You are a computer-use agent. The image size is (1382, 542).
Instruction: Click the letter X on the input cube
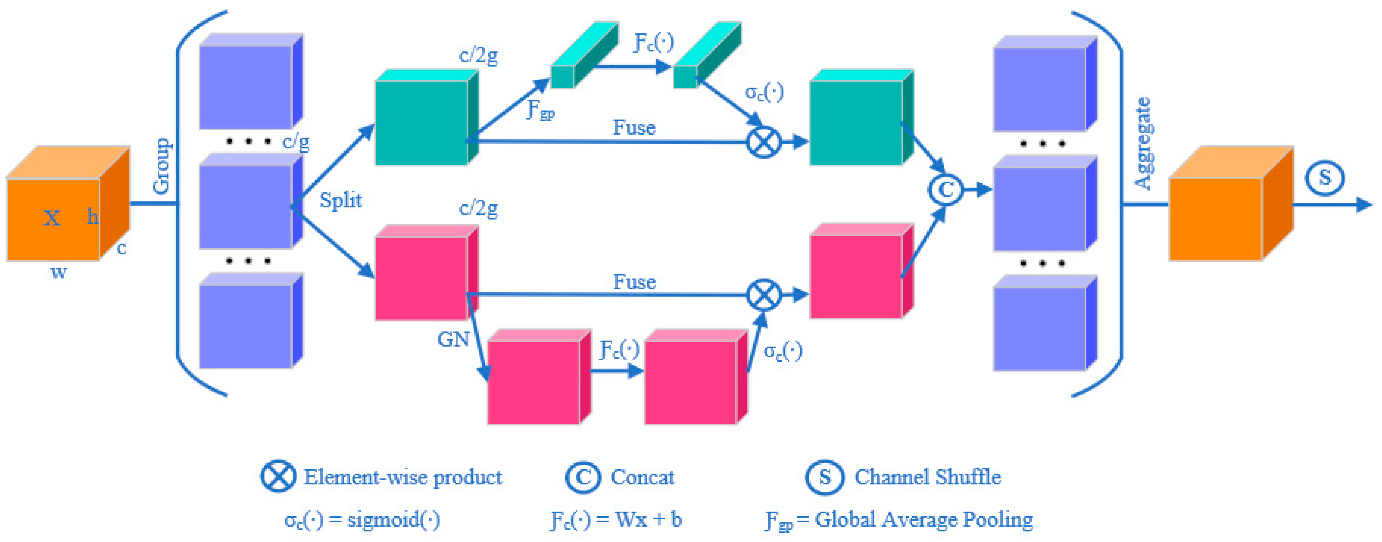click(52, 218)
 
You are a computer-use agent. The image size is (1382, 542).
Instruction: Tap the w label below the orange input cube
click(59, 272)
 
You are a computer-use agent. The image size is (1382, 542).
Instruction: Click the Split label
click(341, 200)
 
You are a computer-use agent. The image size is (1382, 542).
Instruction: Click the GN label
click(453, 339)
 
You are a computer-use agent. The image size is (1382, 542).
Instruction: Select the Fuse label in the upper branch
click(634, 128)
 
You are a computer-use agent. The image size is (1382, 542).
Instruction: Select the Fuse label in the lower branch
click(634, 282)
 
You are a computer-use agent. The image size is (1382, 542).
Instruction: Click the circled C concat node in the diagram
click(945, 189)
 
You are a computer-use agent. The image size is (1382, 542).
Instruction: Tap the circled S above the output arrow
click(1325, 177)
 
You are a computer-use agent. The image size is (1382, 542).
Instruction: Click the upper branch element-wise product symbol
click(763, 142)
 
